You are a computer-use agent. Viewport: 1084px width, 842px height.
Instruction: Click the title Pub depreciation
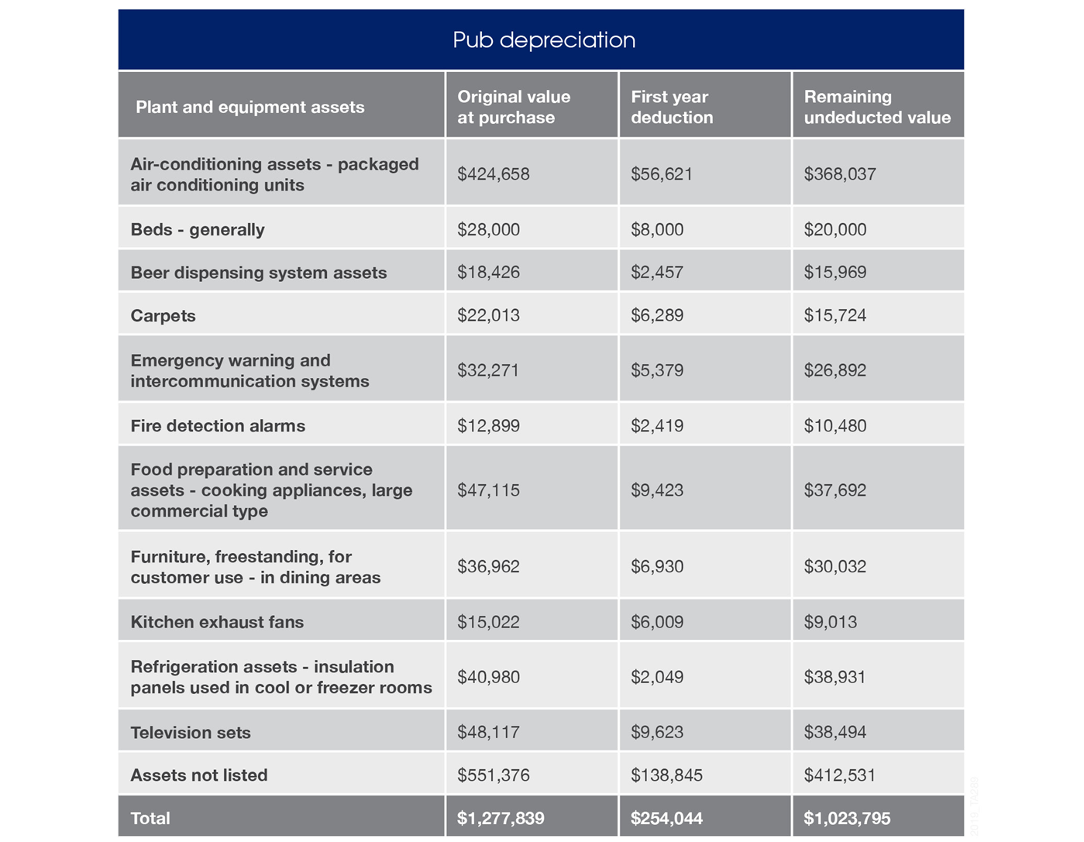544,40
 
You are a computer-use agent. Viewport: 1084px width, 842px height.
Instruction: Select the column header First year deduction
672,107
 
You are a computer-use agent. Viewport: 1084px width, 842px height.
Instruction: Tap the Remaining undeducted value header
877,107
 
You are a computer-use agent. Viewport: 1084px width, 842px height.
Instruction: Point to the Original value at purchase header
514,107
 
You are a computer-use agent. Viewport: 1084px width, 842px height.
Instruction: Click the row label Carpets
163,315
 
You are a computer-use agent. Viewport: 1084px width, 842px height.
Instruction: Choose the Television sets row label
191,732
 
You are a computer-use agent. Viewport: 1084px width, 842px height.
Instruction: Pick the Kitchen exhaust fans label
217,622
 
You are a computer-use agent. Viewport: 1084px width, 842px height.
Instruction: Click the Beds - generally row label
198,230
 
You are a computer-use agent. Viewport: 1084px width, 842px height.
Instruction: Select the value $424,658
494,174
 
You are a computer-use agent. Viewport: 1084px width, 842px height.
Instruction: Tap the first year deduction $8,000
657,229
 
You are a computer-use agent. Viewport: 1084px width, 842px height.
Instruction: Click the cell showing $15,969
835,272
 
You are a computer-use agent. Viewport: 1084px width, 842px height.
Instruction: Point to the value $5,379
657,370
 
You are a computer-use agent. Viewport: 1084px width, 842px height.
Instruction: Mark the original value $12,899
488,426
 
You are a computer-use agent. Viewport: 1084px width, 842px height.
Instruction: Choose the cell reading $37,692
835,490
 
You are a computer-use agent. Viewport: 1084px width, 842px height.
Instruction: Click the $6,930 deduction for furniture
657,566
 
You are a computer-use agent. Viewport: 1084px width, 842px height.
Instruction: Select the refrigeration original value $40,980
488,677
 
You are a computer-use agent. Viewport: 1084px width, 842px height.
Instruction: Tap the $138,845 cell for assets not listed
666,775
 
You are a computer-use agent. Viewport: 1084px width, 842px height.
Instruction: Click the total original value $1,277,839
501,818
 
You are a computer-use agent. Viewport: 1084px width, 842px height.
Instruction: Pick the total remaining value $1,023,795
847,818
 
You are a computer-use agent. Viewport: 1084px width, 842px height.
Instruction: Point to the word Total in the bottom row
150,818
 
